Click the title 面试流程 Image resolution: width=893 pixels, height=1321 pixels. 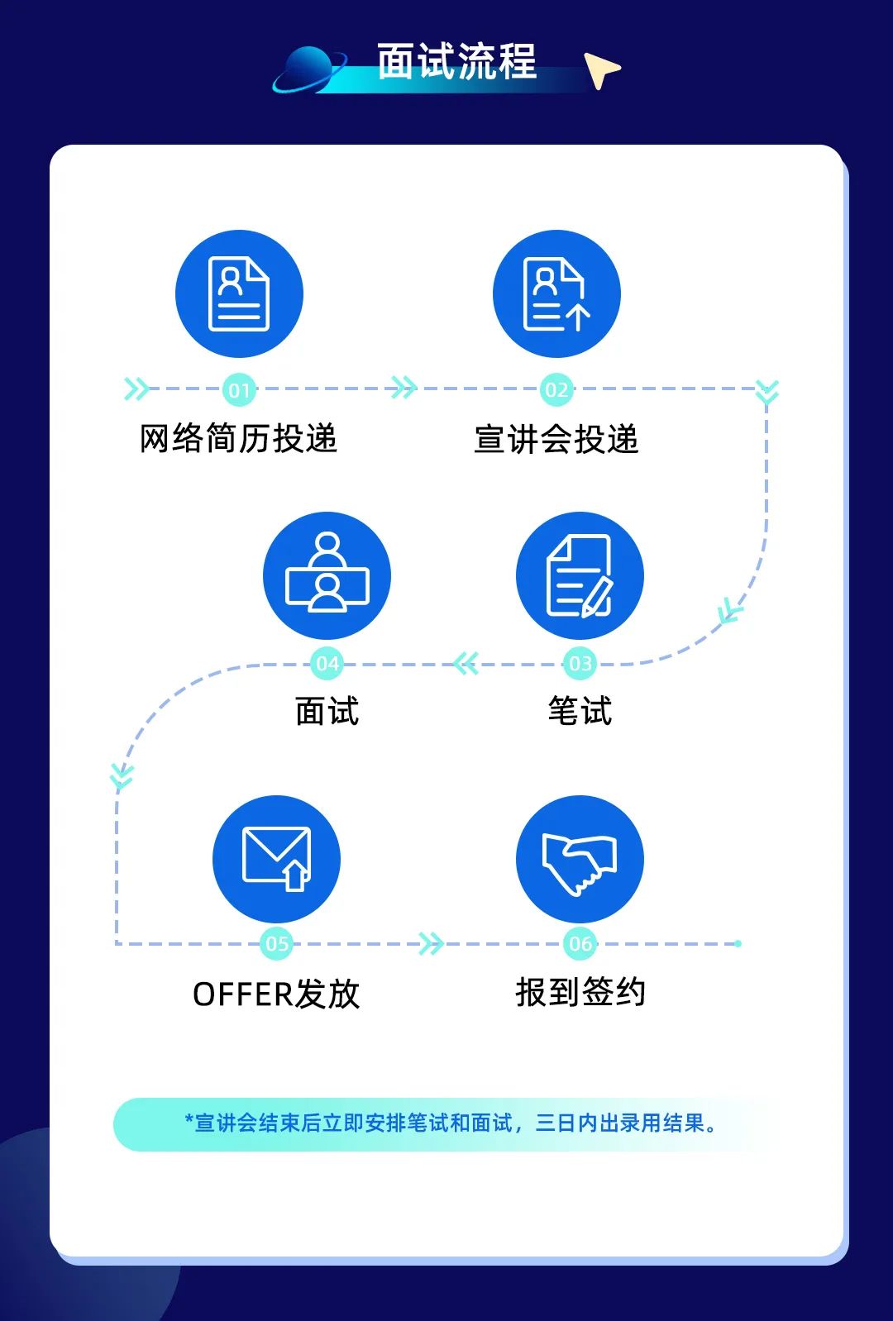[456, 62]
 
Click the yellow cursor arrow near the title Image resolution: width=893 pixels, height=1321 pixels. [601, 69]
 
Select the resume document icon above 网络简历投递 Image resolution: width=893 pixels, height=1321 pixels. [239, 294]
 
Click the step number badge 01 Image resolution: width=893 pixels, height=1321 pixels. [239, 390]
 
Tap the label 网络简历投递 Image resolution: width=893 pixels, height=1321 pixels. [238, 439]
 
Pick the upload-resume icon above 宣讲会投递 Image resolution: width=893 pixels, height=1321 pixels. [556, 294]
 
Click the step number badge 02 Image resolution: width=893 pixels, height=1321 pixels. [556, 390]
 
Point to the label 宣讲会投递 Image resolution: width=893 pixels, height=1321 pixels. [556, 440]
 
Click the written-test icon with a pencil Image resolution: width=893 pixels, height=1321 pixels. [580, 576]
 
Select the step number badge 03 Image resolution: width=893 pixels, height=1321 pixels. [580, 664]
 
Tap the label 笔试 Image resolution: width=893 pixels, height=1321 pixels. [580, 712]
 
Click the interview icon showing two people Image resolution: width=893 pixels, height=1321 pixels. [327, 575]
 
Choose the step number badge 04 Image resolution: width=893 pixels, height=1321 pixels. [327, 664]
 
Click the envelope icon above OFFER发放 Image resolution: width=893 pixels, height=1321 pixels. [276, 859]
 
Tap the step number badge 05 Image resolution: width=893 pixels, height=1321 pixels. [276, 944]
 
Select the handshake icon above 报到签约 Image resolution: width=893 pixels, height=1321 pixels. [580, 860]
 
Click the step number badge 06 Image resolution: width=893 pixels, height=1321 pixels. [580, 944]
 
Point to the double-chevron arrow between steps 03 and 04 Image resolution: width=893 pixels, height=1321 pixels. [466, 663]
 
